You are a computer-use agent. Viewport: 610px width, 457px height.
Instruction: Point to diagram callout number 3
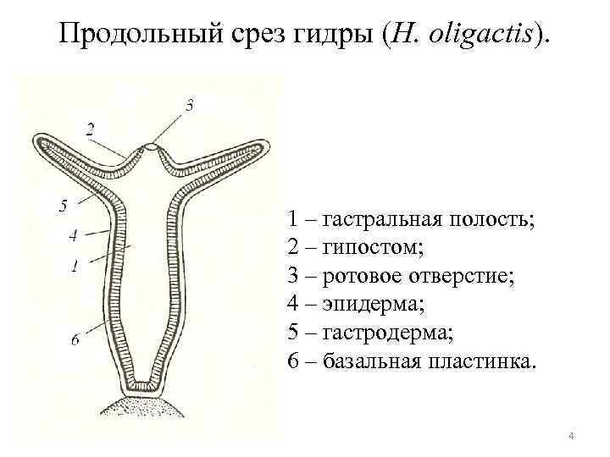tap(189, 105)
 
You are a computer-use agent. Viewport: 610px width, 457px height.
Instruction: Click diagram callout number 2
tap(90, 128)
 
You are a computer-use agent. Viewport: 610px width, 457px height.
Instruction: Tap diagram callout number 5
tap(63, 204)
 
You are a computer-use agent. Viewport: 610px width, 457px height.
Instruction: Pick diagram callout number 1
tap(75, 266)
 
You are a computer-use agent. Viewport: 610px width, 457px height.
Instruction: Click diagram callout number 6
tap(75, 339)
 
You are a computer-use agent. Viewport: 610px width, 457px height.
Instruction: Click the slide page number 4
tap(571, 436)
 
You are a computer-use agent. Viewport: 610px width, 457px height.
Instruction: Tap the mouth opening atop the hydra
tap(152, 147)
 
